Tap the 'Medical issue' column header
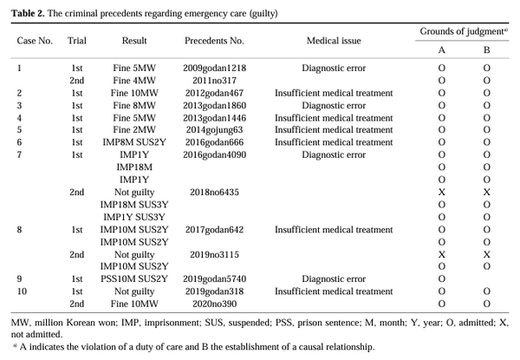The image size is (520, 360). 334,41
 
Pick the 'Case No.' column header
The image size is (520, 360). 36,41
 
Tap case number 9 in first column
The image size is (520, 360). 21,279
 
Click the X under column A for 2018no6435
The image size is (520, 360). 442,192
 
